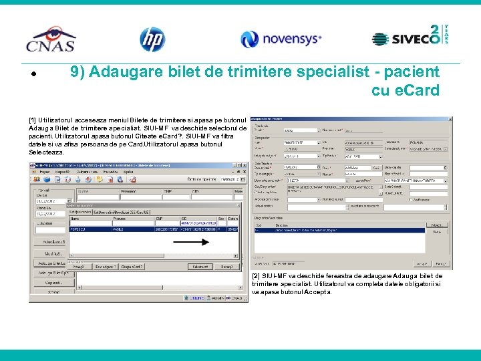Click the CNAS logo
(x=51, y=39)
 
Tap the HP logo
(x=152, y=39)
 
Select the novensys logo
(x=281, y=39)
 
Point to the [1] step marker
(x=32, y=101)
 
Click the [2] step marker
(x=257, y=276)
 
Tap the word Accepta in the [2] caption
(x=317, y=292)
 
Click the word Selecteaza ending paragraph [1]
(x=47, y=152)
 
